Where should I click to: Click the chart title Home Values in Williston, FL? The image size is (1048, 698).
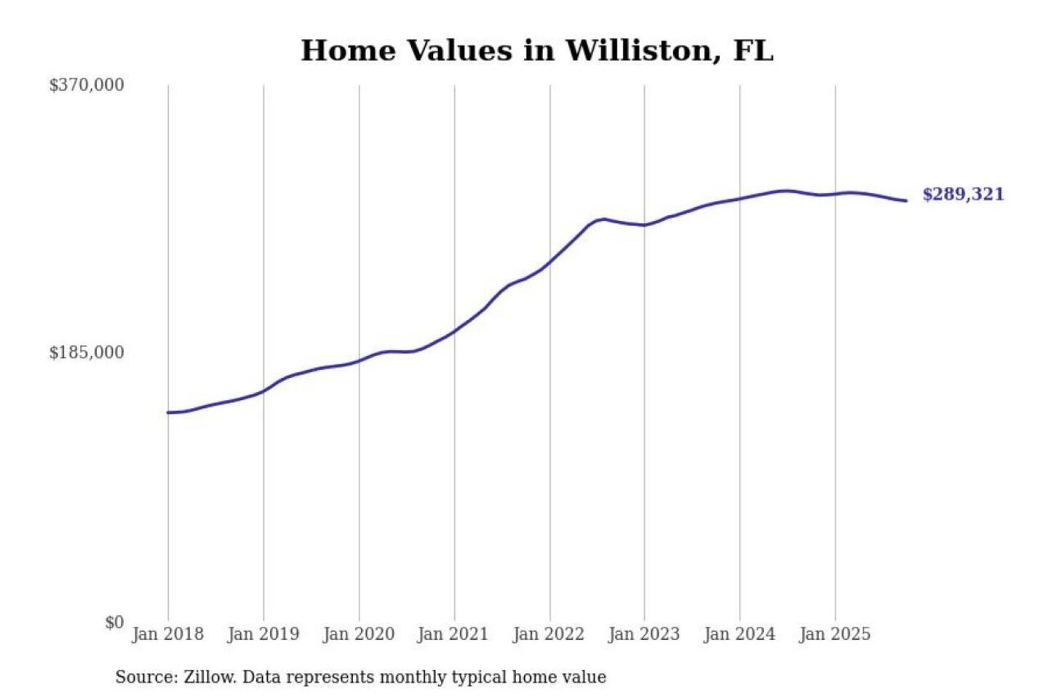tap(536, 51)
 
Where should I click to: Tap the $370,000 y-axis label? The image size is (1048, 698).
tap(86, 85)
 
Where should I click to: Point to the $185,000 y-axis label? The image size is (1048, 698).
tap(86, 353)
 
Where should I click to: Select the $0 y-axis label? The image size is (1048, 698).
tap(114, 622)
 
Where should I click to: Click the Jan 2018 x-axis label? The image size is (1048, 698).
tap(167, 634)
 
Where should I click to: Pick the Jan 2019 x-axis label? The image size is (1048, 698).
tap(263, 634)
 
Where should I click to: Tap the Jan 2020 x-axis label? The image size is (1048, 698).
tap(358, 634)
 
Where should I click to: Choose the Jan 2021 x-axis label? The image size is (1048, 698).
tap(453, 634)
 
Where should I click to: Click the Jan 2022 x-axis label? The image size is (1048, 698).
tap(548, 634)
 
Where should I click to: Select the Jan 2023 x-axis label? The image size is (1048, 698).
tap(643, 634)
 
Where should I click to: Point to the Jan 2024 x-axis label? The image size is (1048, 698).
tap(739, 634)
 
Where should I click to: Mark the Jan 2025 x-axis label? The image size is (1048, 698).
tap(834, 634)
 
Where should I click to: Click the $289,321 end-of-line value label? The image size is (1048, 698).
tap(963, 194)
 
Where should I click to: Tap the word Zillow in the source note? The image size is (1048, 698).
tap(210, 677)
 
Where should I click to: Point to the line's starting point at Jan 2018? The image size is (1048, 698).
tap(168, 412)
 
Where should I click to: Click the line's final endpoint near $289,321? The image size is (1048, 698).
tap(906, 201)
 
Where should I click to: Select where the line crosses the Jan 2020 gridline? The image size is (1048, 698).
tap(359, 361)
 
